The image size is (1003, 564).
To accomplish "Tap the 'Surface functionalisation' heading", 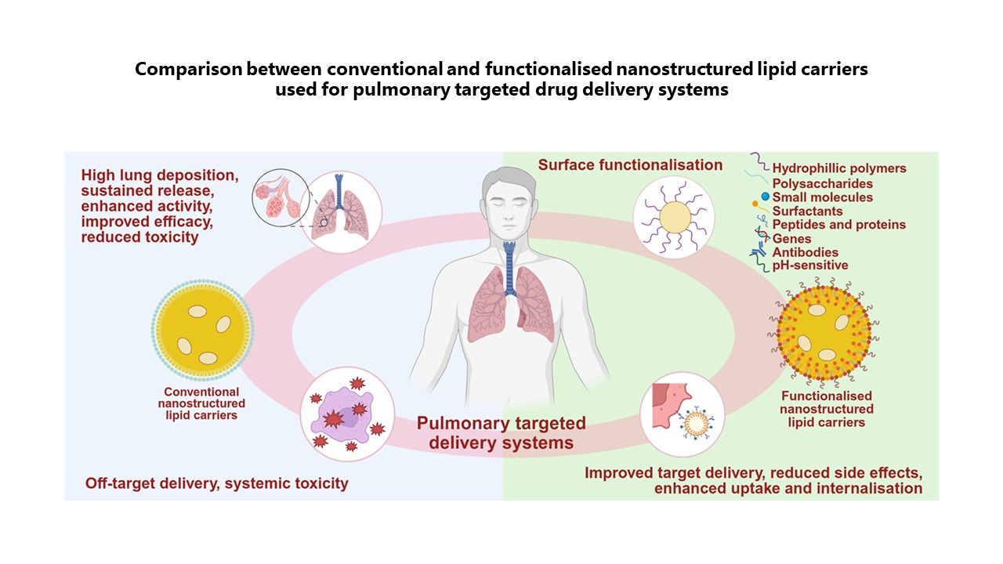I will tap(630, 165).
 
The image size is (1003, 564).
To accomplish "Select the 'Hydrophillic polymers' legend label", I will tap(838, 168).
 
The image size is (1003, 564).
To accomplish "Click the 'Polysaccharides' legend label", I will tap(822, 183).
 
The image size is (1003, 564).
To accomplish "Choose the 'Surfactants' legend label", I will tap(807, 211).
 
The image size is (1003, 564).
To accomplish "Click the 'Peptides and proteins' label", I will tap(838, 225).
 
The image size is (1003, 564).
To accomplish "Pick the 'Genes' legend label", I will tap(791, 238).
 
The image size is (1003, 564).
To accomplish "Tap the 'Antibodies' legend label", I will tap(805, 252).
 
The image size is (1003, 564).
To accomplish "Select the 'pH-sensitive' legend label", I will tap(810, 266).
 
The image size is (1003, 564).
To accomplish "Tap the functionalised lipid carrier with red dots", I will tap(824, 331).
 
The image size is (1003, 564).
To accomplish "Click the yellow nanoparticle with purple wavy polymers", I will tap(675, 215).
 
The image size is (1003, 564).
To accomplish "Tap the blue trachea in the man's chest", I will tap(510, 270).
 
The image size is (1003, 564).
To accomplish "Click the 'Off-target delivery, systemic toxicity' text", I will tap(216, 483).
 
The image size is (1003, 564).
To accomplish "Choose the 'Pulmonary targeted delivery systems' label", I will tap(501, 432).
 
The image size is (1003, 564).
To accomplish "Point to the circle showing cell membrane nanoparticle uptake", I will tap(681, 414).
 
